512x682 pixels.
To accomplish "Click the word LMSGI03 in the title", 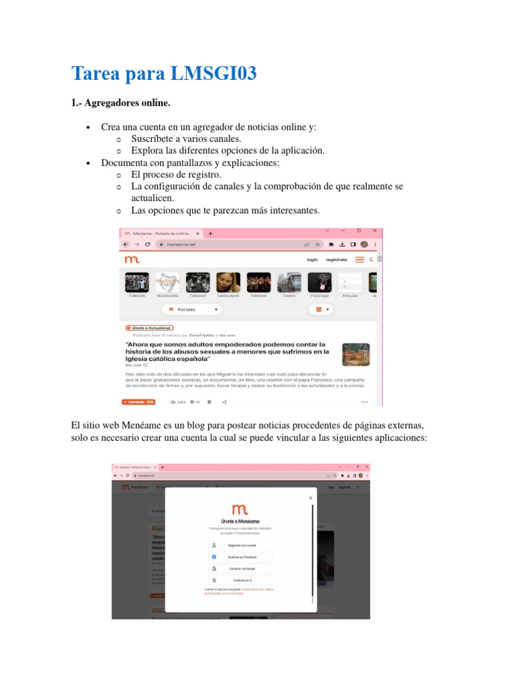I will click(x=213, y=74).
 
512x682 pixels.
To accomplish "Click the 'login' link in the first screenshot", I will click(x=312, y=260).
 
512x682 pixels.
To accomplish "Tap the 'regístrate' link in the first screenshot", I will click(x=336, y=260).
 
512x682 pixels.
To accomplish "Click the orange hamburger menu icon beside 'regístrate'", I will click(x=359, y=260).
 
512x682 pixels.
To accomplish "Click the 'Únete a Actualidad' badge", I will click(x=149, y=328).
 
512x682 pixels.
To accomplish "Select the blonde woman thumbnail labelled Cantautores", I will click(x=229, y=282).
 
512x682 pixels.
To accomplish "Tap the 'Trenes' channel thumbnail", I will click(x=289, y=282).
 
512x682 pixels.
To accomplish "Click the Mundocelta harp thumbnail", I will click(x=167, y=282).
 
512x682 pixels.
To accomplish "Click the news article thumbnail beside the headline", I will click(x=355, y=354).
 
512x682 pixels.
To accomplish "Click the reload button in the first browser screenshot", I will click(x=147, y=244).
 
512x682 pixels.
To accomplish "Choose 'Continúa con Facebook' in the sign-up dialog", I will click(x=240, y=557).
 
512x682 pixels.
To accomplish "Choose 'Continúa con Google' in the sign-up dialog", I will click(x=240, y=568).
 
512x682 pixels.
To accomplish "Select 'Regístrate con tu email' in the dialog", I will click(x=240, y=545).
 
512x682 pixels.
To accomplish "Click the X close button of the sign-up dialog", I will click(x=310, y=498).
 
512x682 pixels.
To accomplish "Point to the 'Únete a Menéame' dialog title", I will click(x=240, y=521).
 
